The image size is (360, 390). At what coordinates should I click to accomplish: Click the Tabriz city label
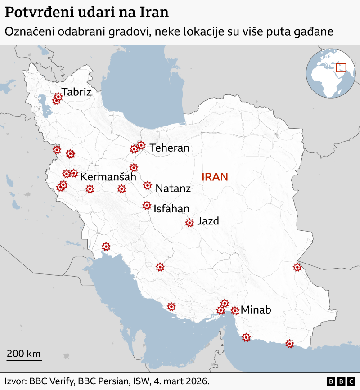(x=76, y=92)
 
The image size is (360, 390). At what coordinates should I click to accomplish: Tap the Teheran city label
(x=170, y=148)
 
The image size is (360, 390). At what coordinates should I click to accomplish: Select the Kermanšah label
(x=108, y=177)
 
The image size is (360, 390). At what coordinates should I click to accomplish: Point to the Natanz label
(x=173, y=188)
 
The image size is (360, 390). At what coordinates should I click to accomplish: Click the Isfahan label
(x=171, y=209)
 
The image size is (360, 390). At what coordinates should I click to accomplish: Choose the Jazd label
(x=208, y=221)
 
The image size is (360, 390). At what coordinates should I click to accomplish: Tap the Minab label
(x=256, y=310)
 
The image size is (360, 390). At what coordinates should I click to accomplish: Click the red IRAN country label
(x=215, y=177)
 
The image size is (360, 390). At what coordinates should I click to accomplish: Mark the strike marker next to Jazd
(x=189, y=222)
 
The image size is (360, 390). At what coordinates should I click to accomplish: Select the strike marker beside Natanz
(x=148, y=185)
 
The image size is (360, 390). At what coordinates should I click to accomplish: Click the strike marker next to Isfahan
(x=147, y=206)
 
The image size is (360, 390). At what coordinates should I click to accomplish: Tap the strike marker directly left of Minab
(x=235, y=310)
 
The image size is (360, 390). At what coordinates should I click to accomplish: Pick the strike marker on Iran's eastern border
(x=297, y=267)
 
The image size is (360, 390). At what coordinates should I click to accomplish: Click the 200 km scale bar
(x=24, y=360)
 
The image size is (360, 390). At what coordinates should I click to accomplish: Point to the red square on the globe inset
(x=342, y=67)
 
